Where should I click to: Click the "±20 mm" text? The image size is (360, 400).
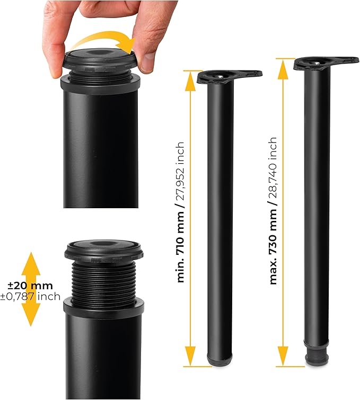pyautogui.click(x=30, y=286)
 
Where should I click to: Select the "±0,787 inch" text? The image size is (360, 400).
pyautogui.click(x=30, y=297)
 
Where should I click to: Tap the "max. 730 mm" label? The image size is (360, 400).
pyautogui.click(x=273, y=247)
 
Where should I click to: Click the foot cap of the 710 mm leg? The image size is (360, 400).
pyautogui.click(x=220, y=360)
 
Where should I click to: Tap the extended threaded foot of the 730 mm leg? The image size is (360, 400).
pyautogui.click(x=317, y=354)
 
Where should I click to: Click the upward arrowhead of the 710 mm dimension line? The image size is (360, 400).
pyautogui.click(x=190, y=81)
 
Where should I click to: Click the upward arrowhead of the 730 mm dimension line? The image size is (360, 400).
pyautogui.click(x=283, y=69)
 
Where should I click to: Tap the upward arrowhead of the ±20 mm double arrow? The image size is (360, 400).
pyautogui.click(x=31, y=265)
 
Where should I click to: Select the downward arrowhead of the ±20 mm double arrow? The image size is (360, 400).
pyautogui.click(x=31, y=314)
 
